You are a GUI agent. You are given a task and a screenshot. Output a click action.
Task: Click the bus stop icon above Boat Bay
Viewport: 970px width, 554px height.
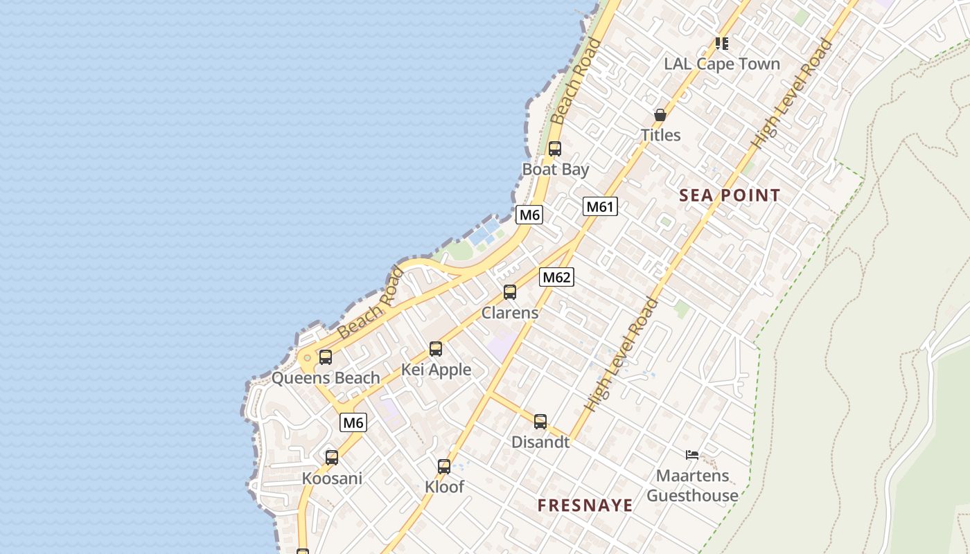coord(554,148)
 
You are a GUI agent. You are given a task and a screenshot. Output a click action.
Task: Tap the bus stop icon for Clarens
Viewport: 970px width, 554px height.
coord(510,292)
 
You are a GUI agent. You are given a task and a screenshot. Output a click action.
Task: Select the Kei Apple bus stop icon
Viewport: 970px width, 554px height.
coord(435,349)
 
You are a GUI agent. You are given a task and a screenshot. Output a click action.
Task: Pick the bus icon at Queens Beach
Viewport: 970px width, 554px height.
coord(325,357)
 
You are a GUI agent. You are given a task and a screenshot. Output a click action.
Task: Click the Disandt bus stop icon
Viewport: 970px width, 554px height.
coord(540,421)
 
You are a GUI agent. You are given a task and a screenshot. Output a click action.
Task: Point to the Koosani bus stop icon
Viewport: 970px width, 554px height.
coord(332,457)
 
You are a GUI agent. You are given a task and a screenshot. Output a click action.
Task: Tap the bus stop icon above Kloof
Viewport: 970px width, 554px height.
coord(444,467)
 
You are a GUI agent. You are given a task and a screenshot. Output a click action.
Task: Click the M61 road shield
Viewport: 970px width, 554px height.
coord(600,206)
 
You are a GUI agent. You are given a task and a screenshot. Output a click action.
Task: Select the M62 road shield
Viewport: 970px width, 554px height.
coord(556,277)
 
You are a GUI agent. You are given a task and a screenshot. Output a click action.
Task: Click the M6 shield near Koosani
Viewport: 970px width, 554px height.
coord(353,422)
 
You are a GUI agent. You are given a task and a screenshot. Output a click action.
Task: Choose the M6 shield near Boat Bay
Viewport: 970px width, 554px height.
coord(529,215)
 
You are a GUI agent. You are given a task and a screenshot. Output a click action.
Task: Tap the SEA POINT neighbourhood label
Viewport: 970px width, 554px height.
coord(730,195)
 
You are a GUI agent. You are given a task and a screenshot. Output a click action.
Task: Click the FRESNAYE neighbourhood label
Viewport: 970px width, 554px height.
coord(585,506)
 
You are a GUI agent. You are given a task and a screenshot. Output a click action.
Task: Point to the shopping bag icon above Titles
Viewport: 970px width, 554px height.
coord(660,115)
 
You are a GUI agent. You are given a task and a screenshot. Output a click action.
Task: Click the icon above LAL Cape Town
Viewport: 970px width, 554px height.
coord(722,44)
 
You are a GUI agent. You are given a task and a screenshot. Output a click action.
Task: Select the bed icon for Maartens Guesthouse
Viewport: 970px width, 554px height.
coord(691,455)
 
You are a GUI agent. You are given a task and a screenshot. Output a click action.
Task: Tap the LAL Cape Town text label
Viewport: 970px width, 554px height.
coord(722,64)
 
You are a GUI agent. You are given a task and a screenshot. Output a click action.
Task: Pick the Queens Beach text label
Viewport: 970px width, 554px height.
coord(326,378)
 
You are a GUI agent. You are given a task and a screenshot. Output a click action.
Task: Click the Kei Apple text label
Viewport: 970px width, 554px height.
coord(436,370)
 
